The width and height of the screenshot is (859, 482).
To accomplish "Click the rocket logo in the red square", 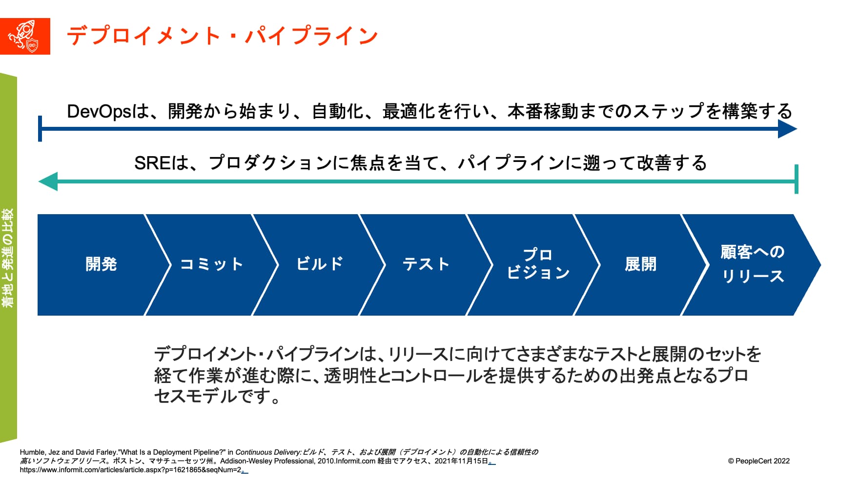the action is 25,36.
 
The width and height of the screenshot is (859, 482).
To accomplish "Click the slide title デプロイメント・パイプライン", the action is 222,36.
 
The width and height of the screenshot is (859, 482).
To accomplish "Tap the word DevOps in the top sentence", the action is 99,112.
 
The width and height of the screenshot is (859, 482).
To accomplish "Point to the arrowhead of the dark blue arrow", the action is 787,129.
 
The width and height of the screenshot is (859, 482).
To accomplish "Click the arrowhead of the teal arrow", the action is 48,181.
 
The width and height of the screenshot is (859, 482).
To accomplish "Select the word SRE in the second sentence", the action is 152,163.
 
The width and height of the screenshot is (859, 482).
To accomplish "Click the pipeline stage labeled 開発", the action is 101,264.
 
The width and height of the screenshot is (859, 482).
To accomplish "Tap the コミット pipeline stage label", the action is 211,264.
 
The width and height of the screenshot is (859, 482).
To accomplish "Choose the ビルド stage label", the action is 320,264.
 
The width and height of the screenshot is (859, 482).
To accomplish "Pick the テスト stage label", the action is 426,264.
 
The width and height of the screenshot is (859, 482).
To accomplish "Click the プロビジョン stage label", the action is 538,263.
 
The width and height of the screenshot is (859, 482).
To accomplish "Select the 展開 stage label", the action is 640,264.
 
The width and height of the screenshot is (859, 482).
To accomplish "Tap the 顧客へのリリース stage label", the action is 753,264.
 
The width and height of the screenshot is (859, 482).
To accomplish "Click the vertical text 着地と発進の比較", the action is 8,258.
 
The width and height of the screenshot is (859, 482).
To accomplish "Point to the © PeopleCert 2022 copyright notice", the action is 758,461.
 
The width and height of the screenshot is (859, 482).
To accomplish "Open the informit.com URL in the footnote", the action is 131,470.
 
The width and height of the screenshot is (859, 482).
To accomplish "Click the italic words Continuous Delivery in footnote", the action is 268,452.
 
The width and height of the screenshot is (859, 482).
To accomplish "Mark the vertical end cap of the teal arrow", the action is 797,179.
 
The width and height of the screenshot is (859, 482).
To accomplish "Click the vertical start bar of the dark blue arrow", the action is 40,128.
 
